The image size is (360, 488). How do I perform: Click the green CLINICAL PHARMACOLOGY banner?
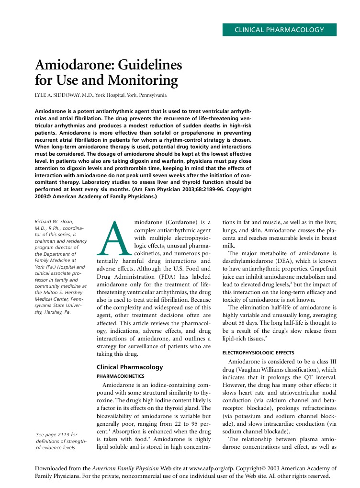(279, 30)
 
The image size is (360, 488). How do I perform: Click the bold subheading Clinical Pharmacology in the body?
(130, 367)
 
